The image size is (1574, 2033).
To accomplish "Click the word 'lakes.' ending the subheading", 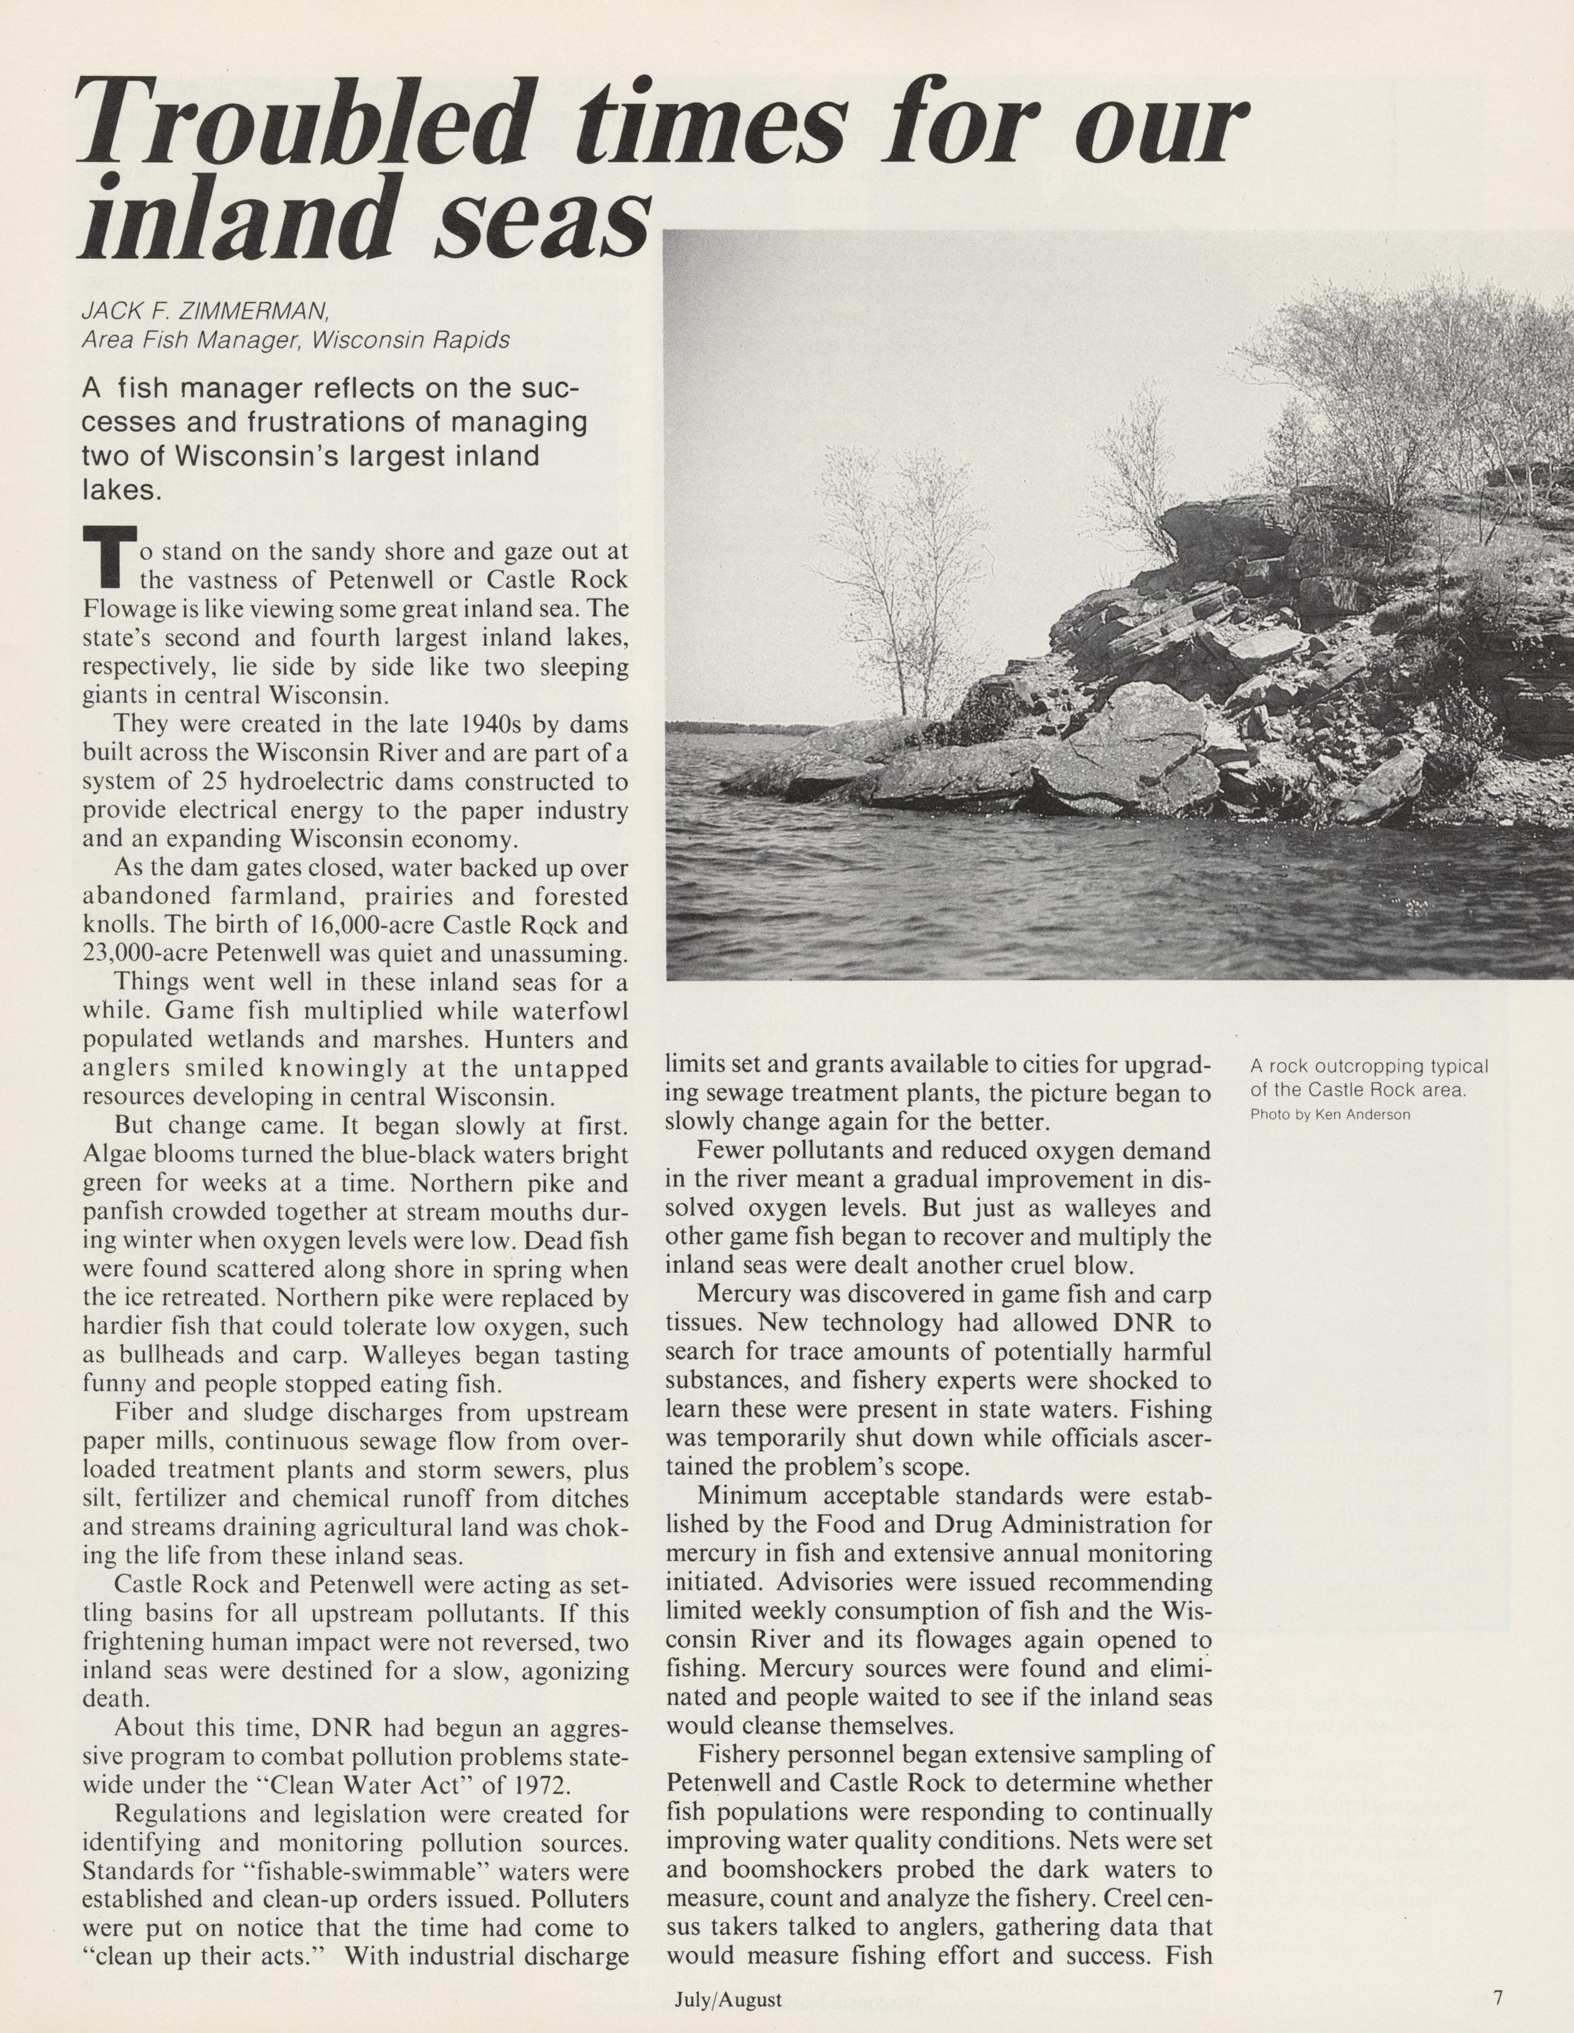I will (x=122, y=489).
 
